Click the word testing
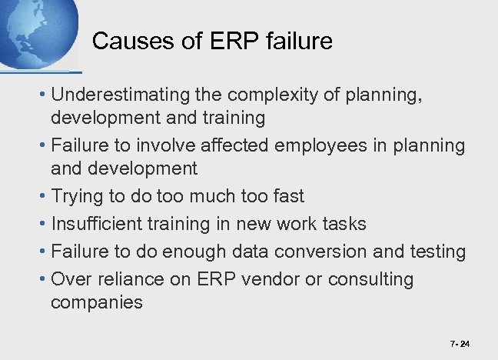click(438, 252)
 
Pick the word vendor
click(273, 279)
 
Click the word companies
click(97, 302)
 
